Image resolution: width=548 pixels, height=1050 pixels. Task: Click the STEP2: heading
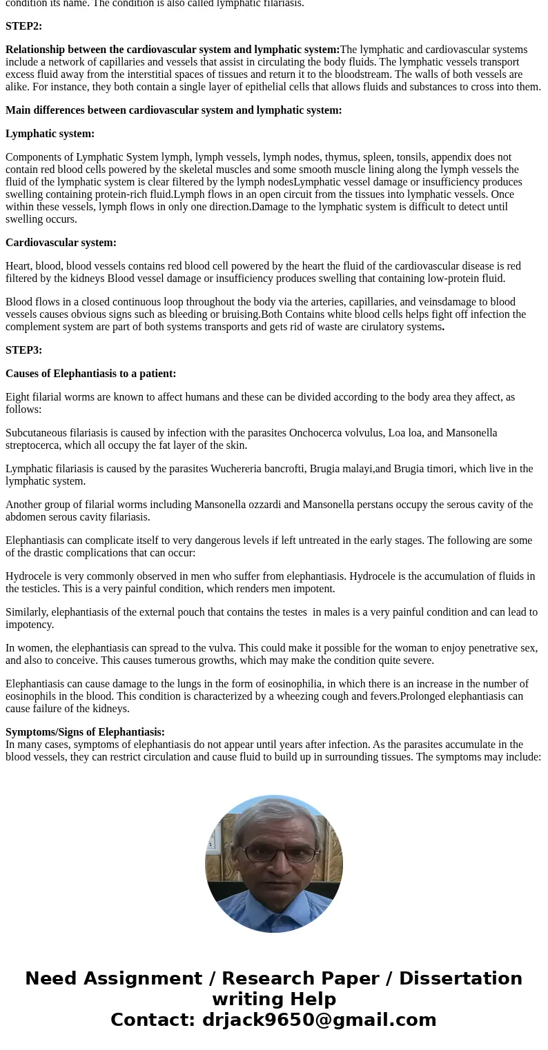click(23, 26)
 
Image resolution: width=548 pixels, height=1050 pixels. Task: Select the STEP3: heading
click(23, 350)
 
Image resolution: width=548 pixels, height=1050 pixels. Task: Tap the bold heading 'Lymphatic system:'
click(50, 134)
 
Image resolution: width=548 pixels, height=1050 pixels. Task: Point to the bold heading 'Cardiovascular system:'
click(61, 243)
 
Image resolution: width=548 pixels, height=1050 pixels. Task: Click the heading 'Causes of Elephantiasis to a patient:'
click(90, 374)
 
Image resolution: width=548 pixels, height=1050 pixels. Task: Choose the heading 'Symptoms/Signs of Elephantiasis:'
click(85, 732)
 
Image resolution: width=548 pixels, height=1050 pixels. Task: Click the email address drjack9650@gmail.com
click(319, 1020)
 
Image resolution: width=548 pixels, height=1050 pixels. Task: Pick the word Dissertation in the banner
click(460, 978)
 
